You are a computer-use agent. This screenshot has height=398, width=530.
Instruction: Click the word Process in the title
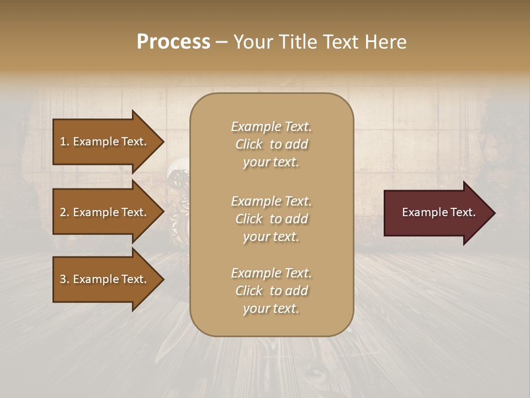pos(173,41)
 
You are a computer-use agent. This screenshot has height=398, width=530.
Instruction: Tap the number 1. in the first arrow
pos(65,142)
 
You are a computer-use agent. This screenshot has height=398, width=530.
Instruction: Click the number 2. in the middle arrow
pos(65,212)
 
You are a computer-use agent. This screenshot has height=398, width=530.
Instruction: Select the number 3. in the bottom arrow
pos(65,280)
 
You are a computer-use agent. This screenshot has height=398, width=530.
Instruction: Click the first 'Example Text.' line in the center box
pos(271,127)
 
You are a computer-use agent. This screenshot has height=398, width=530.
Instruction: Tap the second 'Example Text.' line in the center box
pos(271,201)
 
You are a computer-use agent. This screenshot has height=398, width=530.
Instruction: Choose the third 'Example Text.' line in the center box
pos(271,273)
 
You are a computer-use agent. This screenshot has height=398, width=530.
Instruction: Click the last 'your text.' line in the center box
pos(271,309)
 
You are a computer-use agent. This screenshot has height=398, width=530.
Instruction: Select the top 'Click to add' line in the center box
pos(271,144)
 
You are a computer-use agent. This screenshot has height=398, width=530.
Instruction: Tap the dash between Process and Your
pos(221,43)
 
